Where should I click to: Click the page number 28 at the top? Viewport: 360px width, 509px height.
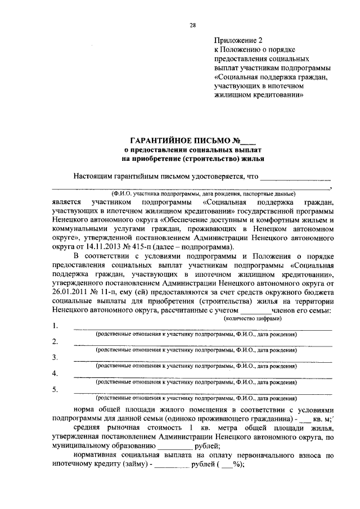click(192, 25)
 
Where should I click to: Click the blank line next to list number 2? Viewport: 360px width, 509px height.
click(202, 344)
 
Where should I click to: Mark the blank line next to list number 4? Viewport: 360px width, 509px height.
click(202, 376)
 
